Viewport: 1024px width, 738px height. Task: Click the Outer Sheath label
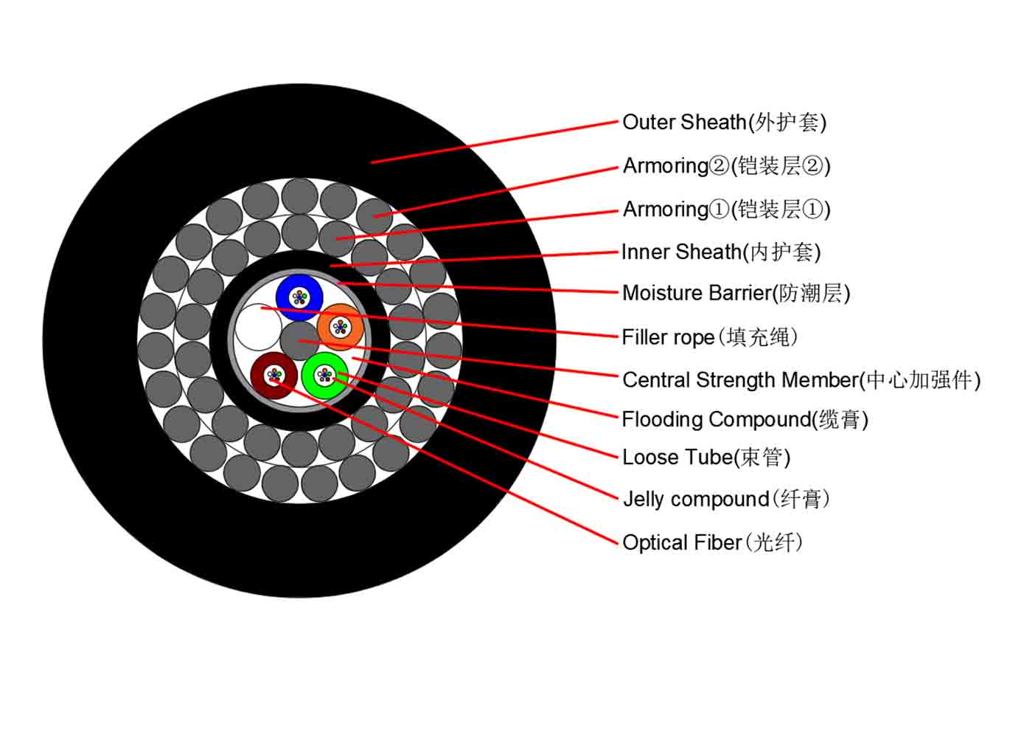pos(724,123)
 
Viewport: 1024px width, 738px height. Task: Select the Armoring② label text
pos(726,166)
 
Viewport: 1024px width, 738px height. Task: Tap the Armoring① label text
pos(726,210)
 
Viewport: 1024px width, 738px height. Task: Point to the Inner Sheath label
pos(721,252)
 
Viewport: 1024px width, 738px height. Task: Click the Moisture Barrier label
pos(736,293)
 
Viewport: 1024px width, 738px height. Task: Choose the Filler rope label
pos(710,338)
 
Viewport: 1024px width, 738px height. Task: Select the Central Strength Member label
pos(801,380)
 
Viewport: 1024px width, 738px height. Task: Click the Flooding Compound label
pos(745,420)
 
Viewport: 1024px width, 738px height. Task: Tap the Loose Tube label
pos(706,458)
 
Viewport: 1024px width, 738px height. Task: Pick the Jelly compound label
pos(726,499)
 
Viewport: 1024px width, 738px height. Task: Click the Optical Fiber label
pos(712,543)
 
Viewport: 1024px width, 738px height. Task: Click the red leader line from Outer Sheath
pos(494,142)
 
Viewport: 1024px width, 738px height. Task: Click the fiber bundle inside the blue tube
pos(299,298)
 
